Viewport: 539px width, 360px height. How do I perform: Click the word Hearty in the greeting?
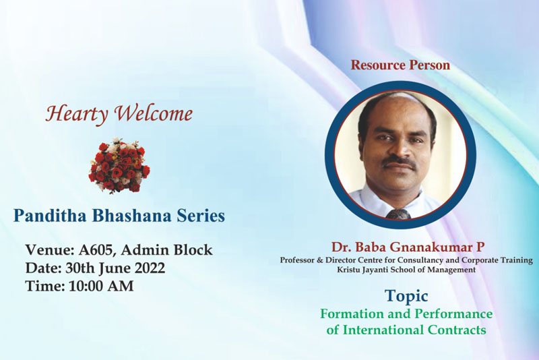coord(77,114)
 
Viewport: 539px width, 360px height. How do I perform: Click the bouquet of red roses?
coord(119,164)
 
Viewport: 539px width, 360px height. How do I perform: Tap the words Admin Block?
coord(166,250)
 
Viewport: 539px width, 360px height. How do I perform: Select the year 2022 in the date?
coord(150,268)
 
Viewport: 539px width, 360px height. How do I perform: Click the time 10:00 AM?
coord(101,287)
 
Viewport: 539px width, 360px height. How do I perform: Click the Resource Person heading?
coord(400,65)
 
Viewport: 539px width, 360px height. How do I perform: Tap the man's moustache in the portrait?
coord(400,162)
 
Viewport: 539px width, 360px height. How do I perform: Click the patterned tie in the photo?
coord(398,214)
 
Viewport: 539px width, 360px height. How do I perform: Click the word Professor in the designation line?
coord(297,260)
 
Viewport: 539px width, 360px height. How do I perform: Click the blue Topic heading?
coord(406,297)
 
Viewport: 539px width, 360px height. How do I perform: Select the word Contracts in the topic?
coord(457,330)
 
